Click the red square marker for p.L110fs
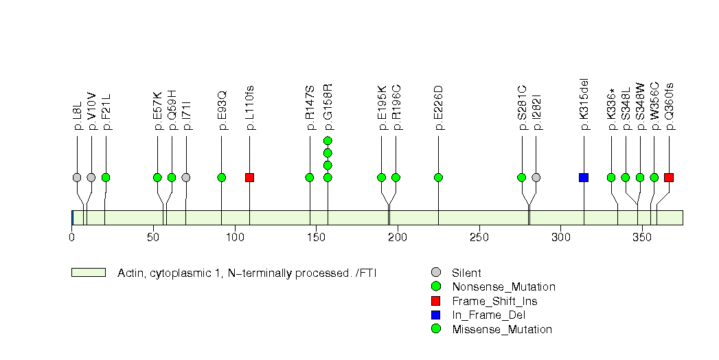click(x=249, y=177)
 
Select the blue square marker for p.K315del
click(x=584, y=177)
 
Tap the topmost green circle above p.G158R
click(x=328, y=141)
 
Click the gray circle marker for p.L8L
click(x=77, y=177)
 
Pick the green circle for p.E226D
click(x=438, y=177)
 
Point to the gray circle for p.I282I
click(x=536, y=177)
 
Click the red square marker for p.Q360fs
click(x=669, y=177)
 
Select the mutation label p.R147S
click(x=310, y=108)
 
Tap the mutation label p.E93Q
click(x=222, y=110)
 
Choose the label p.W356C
click(x=655, y=106)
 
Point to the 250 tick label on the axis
click(x=479, y=238)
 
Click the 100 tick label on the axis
click(x=235, y=238)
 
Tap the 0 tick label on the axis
click(x=72, y=238)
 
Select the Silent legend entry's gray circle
click(x=436, y=273)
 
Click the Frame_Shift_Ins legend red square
click(x=436, y=301)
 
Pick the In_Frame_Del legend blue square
click(x=436, y=315)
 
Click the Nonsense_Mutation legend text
click(x=503, y=287)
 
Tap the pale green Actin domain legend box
click(x=89, y=273)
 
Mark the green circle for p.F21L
click(x=106, y=177)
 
